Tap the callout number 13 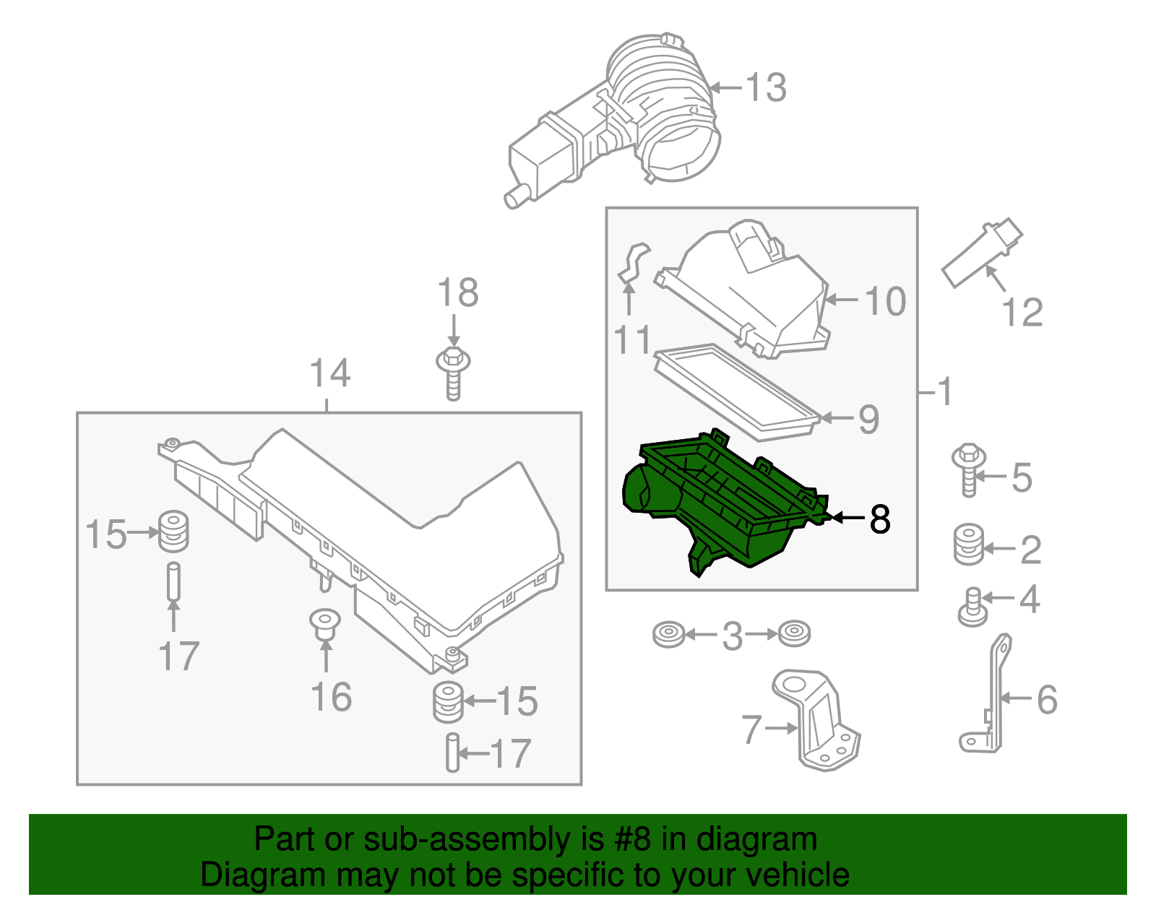(x=765, y=87)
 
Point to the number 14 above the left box (x=329, y=373)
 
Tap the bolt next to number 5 (x=969, y=469)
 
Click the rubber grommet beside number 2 (x=969, y=545)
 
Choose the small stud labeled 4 (x=973, y=607)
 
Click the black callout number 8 (x=880, y=519)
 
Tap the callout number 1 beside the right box (x=944, y=392)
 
